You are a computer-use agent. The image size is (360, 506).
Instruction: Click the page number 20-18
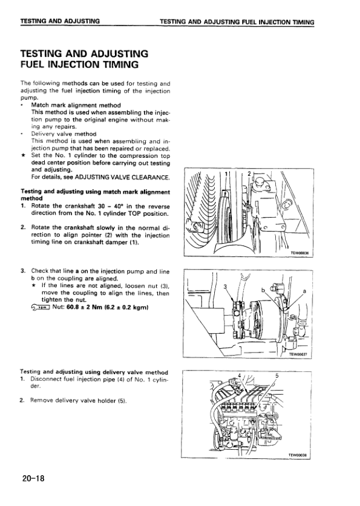(x=33, y=478)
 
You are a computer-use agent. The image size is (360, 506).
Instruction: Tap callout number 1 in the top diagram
(x=226, y=174)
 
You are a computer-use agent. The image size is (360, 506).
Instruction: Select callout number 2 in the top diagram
(x=249, y=174)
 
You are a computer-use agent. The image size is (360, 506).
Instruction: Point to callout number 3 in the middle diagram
(x=225, y=287)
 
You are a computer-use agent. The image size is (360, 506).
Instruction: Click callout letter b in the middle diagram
(x=263, y=290)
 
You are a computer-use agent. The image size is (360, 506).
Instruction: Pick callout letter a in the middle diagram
(x=304, y=291)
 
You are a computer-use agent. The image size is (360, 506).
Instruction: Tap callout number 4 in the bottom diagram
(x=239, y=375)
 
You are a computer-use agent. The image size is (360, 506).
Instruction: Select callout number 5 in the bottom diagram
(x=277, y=375)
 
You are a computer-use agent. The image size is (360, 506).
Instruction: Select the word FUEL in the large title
(x=33, y=65)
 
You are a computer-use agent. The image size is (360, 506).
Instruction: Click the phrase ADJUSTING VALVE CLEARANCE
(x=122, y=177)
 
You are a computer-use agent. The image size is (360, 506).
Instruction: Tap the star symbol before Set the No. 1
(x=22, y=155)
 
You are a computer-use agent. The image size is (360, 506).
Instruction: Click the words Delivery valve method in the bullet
(x=64, y=134)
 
